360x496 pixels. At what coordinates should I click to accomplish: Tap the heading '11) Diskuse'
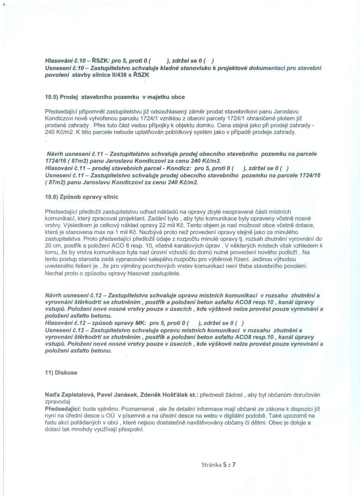coord(61,373)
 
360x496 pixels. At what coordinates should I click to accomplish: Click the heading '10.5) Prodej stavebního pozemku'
coord(115,97)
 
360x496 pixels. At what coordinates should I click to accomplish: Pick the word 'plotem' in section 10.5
coord(297,118)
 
